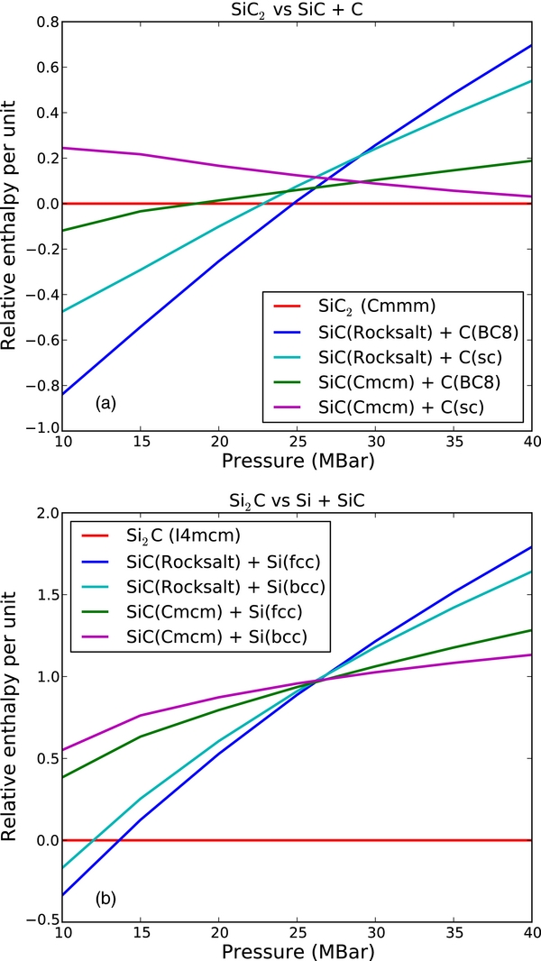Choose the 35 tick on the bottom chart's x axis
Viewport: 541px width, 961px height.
(x=453, y=932)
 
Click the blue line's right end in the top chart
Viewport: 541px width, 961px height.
(x=530, y=45)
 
